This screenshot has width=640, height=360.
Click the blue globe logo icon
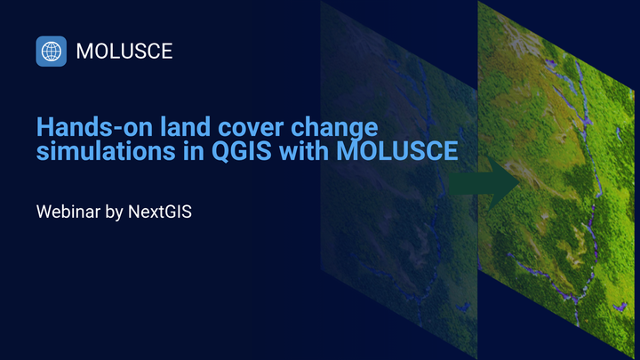52,52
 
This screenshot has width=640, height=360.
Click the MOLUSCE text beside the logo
124,52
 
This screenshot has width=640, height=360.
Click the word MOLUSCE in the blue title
397,152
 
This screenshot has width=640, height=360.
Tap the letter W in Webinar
44,212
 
